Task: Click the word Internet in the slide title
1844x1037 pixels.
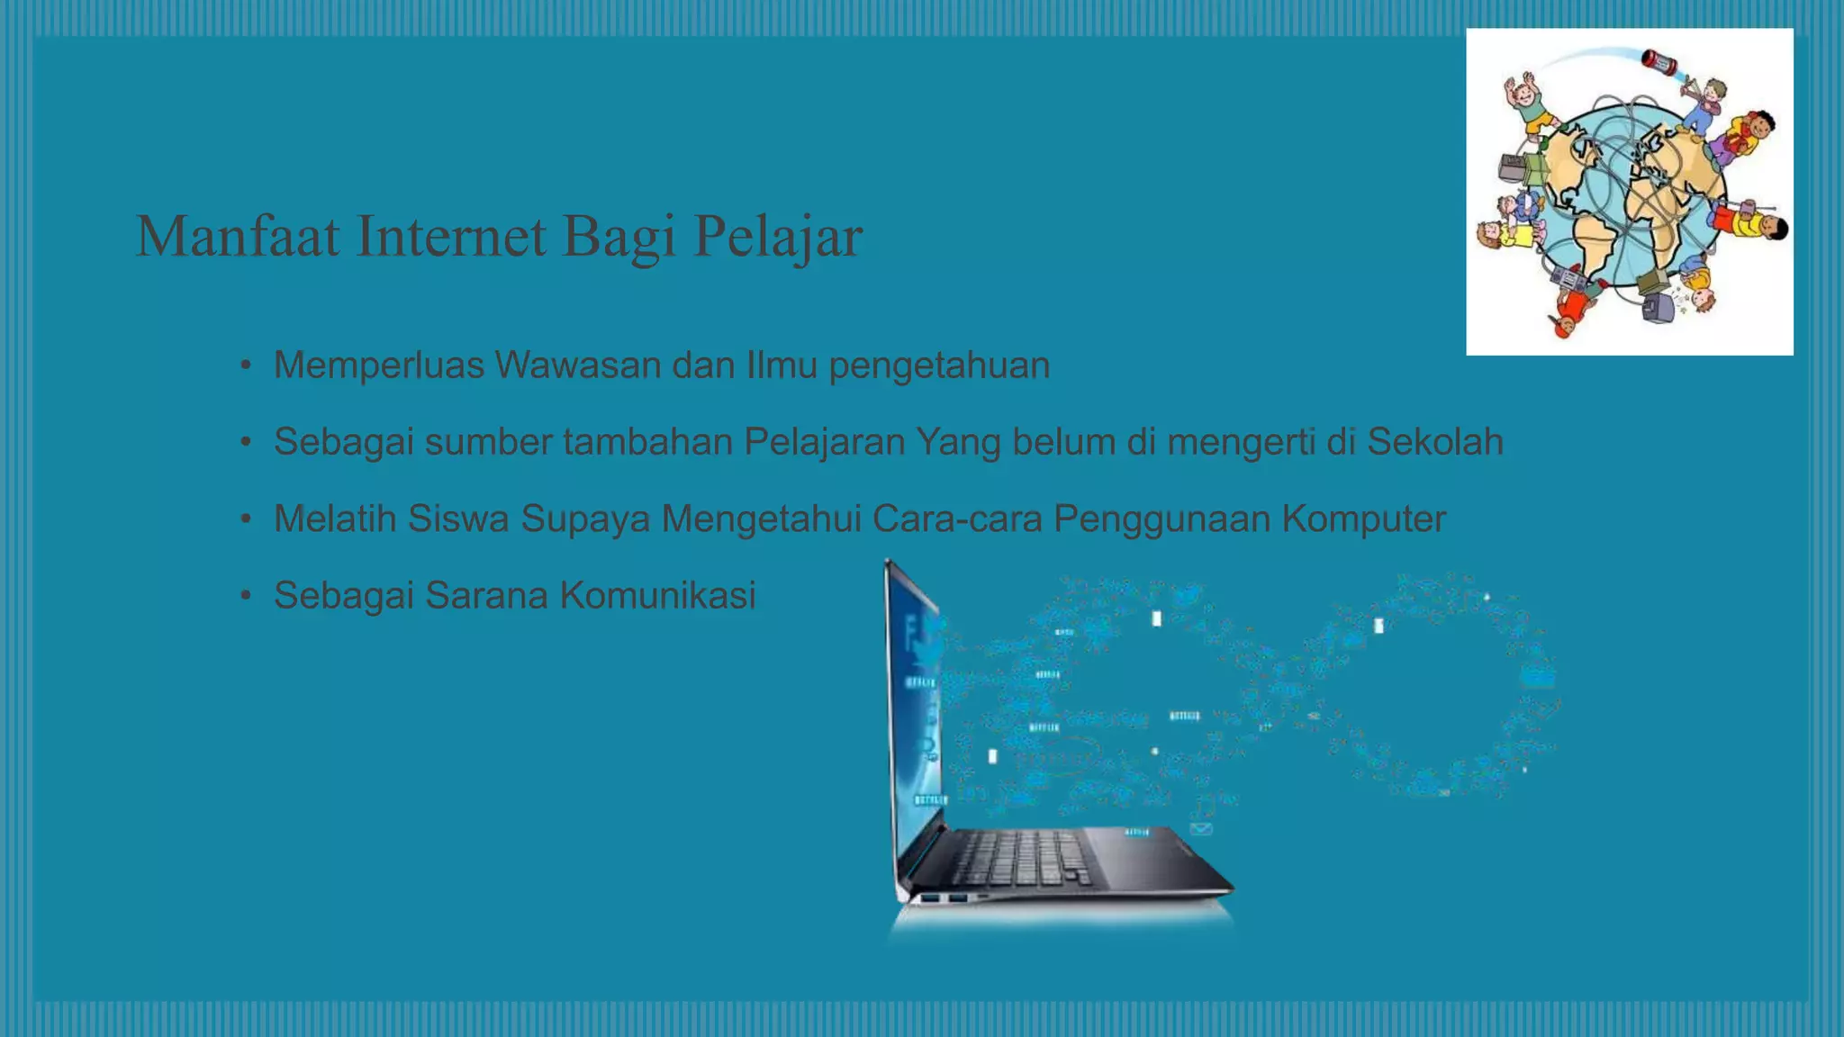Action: coord(450,236)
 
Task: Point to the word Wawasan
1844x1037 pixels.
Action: coord(577,365)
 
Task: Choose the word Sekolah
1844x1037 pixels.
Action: coord(1435,442)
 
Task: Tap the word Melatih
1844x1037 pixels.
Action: coord(335,518)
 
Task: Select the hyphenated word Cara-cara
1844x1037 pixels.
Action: coord(957,518)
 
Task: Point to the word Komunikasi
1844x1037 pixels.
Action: coord(657,595)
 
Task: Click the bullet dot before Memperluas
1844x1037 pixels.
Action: coord(246,366)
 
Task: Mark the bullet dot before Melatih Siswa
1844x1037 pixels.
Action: coord(246,519)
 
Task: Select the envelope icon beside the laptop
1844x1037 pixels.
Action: coord(1201,829)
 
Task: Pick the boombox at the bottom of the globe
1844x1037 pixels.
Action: coord(1571,280)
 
